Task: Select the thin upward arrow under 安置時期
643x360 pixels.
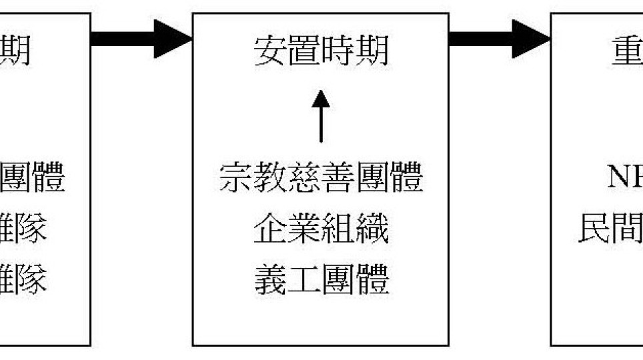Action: [321, 117]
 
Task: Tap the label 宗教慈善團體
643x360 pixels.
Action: [320, 178]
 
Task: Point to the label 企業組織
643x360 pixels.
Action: [320, 230]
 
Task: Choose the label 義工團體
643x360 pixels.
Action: [320, 280]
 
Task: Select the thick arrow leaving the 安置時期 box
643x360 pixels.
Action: [500, 38]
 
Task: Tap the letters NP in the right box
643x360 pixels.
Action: [624, 178]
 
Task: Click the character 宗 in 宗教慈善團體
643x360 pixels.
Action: [235, 178]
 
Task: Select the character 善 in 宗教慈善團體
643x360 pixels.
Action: [338, 178]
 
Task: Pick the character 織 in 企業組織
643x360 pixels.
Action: [372, 230]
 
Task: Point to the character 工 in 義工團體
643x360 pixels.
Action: [303, 280]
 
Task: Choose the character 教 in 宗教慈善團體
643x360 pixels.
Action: [269, 178]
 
